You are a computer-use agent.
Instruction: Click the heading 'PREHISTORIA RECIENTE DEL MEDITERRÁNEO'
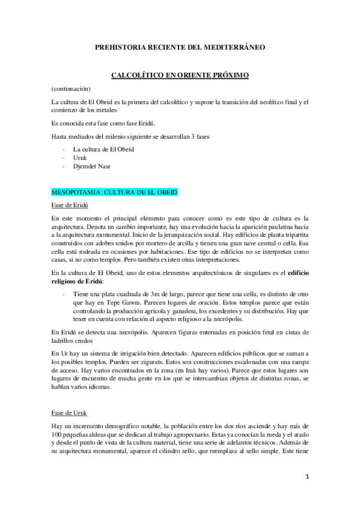click(x=180, y=46)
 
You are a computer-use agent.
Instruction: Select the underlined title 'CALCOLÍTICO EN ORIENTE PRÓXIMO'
click(x=180, y=76)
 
